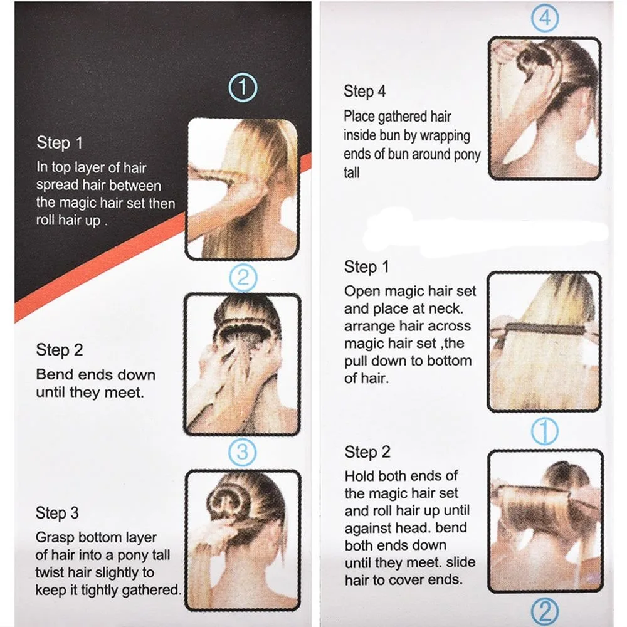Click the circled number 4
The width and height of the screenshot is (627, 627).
(x=545, y=18)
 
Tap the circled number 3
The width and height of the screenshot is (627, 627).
(x=242, y=452)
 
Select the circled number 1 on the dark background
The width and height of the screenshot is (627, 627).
(x=243, y=88)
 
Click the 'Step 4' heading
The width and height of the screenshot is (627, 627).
(x=365, y=91)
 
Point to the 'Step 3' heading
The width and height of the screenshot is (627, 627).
(x=57, y=513)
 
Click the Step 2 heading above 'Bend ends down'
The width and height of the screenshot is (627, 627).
(x=60, y=350)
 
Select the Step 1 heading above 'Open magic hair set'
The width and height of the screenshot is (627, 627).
(x=366, y=267)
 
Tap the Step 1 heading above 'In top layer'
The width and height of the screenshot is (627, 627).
(x=60, y=143)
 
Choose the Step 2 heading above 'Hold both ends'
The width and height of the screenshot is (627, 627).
(x=367, y=452)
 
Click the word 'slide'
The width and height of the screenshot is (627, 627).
(x=461, y=562)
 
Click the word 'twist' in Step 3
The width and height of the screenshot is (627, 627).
(x=48, y=572)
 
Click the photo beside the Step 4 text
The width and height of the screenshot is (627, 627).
(x=545, y=108)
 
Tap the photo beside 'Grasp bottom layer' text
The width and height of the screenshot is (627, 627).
(x=243, y=540)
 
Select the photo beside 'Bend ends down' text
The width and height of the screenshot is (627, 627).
(x=242, y=364)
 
